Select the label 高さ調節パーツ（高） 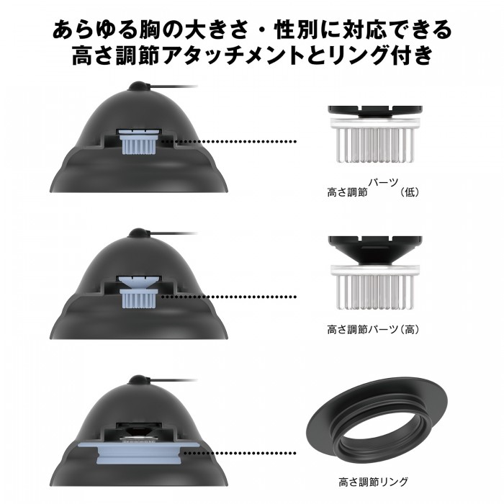(x=372, y=330)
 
